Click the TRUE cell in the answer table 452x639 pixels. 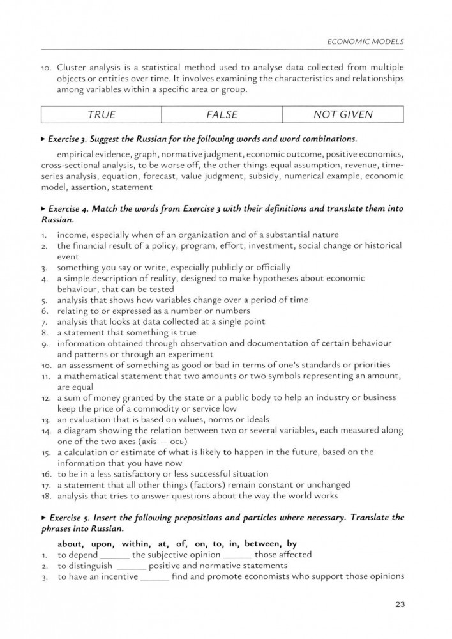[102, 115]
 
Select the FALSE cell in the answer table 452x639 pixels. [222, 115]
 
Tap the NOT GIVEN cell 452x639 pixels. [343, 115]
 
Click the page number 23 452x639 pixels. [400, 604]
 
